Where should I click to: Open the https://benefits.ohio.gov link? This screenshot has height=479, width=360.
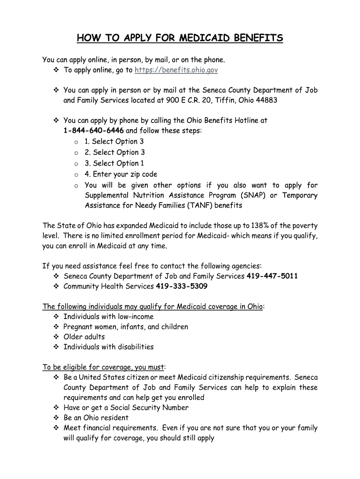(x=176, y=70)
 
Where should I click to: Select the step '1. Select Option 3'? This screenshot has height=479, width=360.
(x=114, y=142)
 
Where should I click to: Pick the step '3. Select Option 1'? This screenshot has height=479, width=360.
(x=114, y=164)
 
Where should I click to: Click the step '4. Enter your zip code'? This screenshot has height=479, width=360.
(x=121, y=174)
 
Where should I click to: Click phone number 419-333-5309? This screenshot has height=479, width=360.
(x=182, y=286)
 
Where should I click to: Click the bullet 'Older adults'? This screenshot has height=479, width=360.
(x=84, y=337)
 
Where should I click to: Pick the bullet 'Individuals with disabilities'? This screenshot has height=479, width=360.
(x=108, y=347)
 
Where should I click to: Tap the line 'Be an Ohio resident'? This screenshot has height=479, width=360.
(x=96, y=418)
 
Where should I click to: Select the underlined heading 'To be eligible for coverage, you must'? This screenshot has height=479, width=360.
(x=103, y=367)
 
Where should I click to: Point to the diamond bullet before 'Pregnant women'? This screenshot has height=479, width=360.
(x=56, y=327)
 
